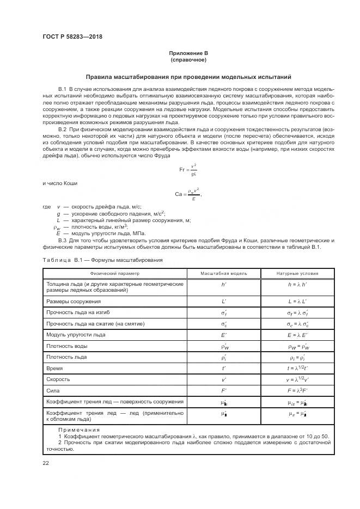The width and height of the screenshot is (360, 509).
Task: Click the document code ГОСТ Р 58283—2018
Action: click(x=72, y=37)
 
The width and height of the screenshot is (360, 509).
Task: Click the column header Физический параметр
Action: click(x=115, y=273)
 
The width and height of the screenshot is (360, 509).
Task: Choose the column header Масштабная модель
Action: click(x=224, y=273)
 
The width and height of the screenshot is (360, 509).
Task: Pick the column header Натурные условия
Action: click(x=298, y=273)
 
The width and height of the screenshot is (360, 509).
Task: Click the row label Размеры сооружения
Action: click(x=74, y=301)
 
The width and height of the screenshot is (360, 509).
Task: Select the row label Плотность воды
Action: click(x=67, y=346)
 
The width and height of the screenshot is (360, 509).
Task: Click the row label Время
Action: click(x=55, y=368)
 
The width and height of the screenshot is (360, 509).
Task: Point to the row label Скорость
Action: click(x=58, y=379)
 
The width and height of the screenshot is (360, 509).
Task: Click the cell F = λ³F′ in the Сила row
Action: click(x=298, y=391)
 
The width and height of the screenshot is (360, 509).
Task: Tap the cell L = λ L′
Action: click(x=298, y=301)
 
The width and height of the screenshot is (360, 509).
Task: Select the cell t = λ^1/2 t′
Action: click(x=298, y=368)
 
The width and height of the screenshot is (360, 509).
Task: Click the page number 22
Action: click(x=46, y=462)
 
